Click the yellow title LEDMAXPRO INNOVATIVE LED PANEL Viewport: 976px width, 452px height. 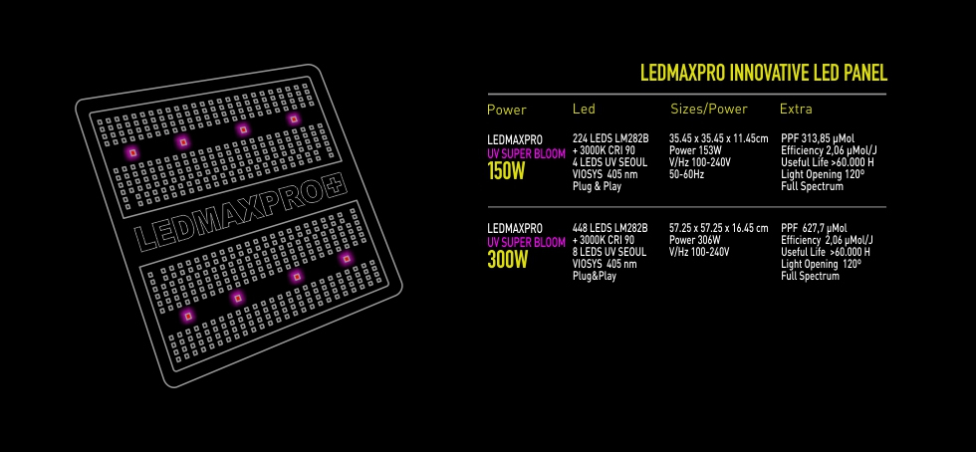point(764,73)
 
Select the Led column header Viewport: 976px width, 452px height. point(584,109)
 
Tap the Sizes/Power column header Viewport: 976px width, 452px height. point(709,110)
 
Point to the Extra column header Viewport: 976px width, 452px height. point(796,110)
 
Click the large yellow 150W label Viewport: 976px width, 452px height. point(507,171)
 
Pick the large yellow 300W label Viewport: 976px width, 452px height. point(507,259)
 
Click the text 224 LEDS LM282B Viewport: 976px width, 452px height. point(610,138)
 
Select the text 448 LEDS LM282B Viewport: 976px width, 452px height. point(610,229)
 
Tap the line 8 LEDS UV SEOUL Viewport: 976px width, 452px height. point(610,252)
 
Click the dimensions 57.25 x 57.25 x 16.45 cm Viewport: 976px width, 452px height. point(719,229)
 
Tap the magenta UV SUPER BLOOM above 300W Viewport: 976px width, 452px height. point(527,242)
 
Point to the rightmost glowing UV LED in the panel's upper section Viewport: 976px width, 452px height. point(293,118)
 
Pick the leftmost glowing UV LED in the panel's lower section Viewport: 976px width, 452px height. point(187,317)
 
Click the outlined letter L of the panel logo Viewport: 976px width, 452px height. point(145,238)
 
